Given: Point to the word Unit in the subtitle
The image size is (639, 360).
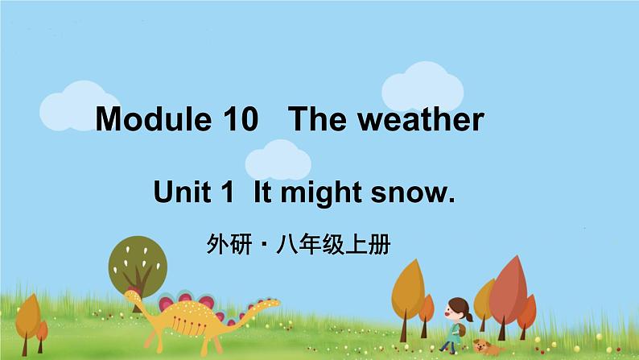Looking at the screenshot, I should (180, 193).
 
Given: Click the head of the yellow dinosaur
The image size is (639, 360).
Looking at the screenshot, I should (131, 296).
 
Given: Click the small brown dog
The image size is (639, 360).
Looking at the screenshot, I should (485, 346).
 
